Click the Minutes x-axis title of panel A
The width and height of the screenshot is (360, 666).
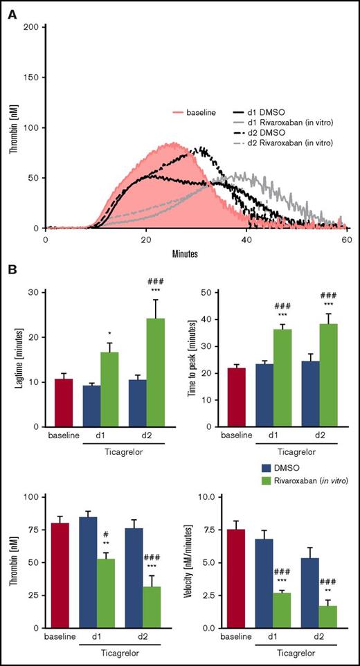pyautogui.click(x=197, y=253)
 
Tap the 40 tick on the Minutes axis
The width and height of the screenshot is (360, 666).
pyautogui.click(x=247, y=238)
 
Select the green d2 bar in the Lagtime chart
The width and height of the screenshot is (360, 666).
pyautogui.click(x=154, y=373)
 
